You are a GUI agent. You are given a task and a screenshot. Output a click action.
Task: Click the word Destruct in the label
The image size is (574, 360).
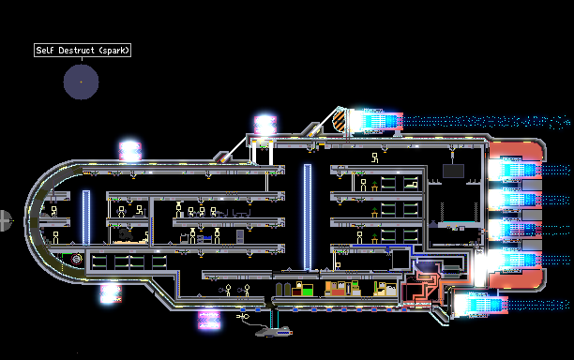tap(76, 50)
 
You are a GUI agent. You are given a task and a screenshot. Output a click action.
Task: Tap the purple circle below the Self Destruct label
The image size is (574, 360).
tap(81, 82)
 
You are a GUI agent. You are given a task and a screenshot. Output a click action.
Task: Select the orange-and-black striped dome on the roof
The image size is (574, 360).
tap(340, 121)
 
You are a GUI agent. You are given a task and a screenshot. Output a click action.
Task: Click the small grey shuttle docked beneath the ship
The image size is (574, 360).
tap(274, 332)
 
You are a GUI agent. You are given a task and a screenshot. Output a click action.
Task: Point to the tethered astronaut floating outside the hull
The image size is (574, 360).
tap(243, 316)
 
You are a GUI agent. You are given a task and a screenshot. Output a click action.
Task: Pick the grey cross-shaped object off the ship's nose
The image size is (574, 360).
tap(5, 220)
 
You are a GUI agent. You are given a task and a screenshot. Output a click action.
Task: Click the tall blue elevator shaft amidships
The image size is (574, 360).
tap(308, 217)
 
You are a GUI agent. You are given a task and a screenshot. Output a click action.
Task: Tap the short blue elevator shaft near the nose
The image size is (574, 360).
tap(86, 217)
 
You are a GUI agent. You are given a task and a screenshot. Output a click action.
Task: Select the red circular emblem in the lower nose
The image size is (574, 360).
tap(77, 259)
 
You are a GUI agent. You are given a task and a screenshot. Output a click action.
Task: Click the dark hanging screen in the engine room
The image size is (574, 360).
tap(453, 171)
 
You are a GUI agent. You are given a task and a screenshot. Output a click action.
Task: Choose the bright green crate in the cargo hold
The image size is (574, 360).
tap(308, 291)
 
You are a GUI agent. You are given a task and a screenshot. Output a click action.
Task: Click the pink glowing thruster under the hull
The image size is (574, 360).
tap(209, 320)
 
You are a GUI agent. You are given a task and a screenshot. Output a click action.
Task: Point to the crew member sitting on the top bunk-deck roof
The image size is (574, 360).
tap(374, 157)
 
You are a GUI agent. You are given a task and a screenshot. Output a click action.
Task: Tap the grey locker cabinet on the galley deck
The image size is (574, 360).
tap(240, 236)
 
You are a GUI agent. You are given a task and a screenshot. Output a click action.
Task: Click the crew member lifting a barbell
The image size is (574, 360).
tap(121, 212)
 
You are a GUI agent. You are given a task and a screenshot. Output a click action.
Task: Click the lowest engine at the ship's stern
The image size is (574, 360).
tap(480, 305)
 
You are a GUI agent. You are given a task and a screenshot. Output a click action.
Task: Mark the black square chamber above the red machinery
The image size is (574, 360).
tap(400, 260)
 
